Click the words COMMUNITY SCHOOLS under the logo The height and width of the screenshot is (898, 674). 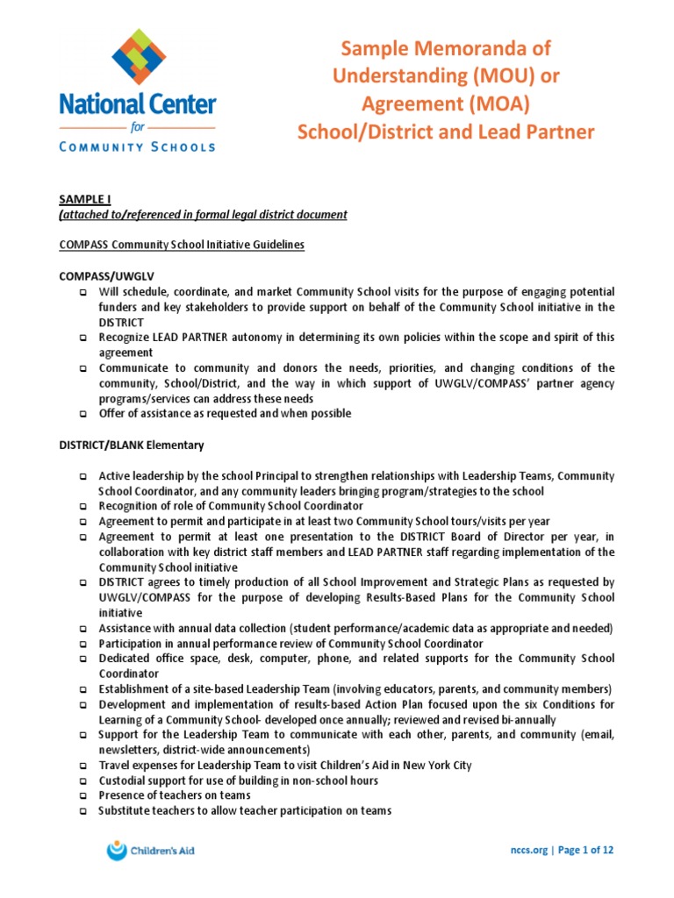[x=137, y=146]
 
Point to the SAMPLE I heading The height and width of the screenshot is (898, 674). [x=83, y=200]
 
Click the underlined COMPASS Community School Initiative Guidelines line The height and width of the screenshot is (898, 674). [x=181, y=245]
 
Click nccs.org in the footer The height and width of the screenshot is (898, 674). [x=529, y=850]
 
